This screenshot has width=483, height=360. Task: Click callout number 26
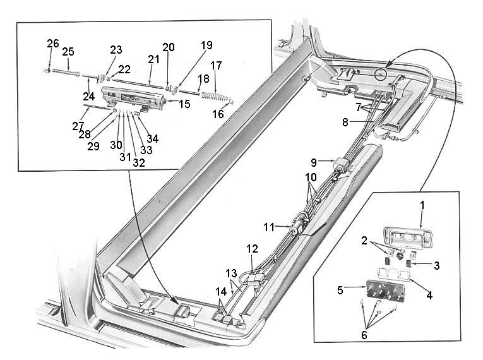[52, 43]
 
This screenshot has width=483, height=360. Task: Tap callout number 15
[184, 104]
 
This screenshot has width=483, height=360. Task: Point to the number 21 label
[153, 59]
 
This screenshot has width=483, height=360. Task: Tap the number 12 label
[252, 249]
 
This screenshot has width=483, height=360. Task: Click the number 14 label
[220, 292]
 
